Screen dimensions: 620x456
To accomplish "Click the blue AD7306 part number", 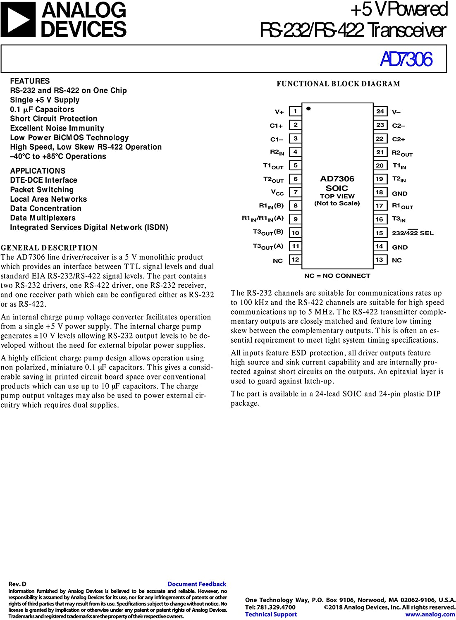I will tap(406, 59).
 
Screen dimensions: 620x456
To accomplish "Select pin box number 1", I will tap(295, 111).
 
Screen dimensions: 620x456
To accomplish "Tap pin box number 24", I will tap(380, 111).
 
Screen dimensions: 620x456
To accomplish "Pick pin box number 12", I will tap(295, 260).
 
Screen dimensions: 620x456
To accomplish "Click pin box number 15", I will tap(380, 233).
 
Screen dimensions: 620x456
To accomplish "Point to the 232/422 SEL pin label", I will tap(413, 233).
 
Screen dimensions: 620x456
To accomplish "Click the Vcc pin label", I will tap(277, 193).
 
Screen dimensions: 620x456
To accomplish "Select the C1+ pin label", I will tap(276, 125).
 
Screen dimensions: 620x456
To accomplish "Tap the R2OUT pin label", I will tap(402, 153).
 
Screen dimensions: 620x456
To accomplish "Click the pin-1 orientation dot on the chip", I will tap(308, 109).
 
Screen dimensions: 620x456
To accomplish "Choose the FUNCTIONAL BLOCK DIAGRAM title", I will tap(338, 84).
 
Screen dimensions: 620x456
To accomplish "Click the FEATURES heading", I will tap(30, 81).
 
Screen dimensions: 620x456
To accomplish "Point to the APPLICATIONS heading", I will tap(38, 171).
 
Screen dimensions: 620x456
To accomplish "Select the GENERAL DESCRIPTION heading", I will tap(49, 248).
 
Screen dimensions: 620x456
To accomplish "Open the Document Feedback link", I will tap(197, 584).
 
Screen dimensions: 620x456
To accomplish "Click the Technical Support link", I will tap(271, 614).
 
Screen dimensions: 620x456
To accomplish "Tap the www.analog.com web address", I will tap(430, 614).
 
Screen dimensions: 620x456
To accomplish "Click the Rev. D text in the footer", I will tap(17, 584).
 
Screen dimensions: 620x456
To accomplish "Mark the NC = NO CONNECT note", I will tap(337, 276).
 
